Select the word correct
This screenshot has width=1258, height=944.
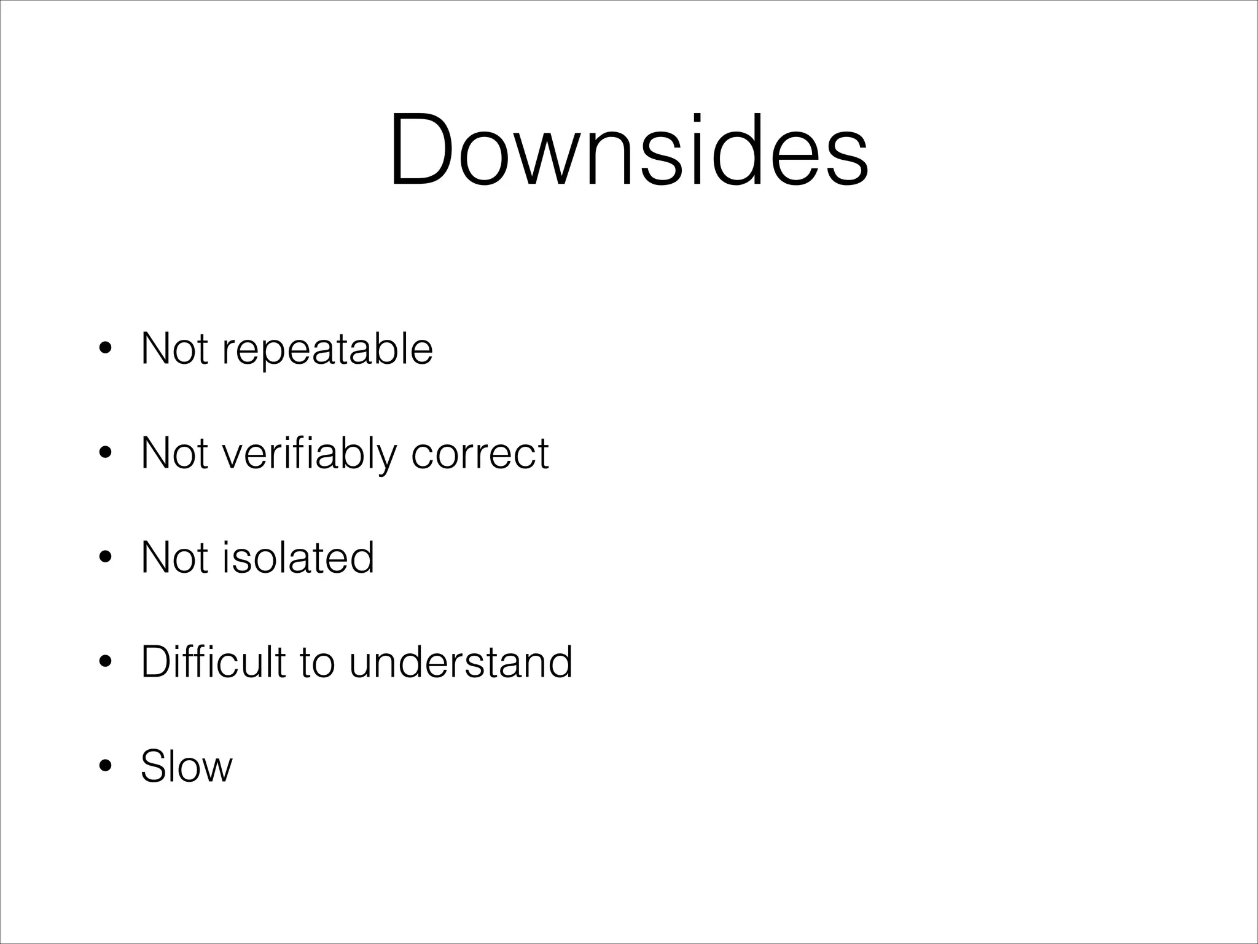point(480,454)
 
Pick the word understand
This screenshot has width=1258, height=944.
point(461,663)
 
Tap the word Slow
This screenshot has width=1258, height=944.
point(187,766)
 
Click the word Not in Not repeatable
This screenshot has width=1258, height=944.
point(174,349)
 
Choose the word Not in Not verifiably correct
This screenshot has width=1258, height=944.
point(174,454)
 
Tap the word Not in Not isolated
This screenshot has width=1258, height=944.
point(174,557)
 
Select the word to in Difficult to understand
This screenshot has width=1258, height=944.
point(317,663)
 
